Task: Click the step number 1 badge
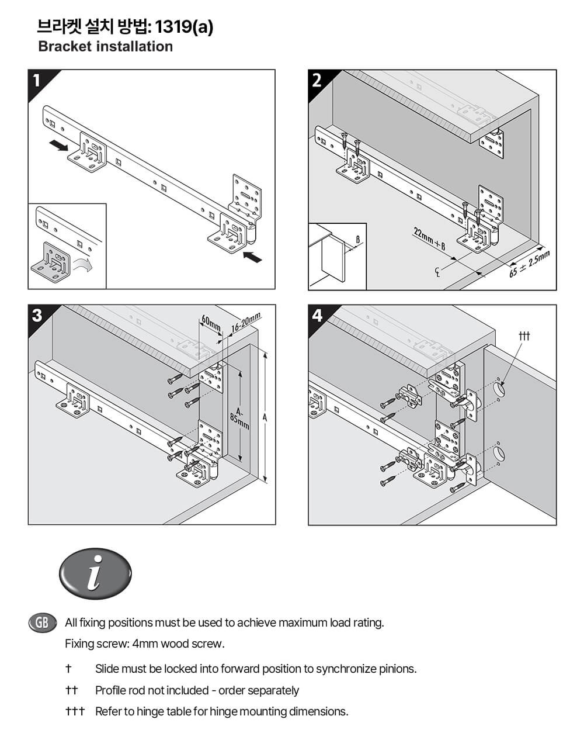tap(37, 80)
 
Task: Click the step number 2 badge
tap(317, 80)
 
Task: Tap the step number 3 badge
tap(37, 316)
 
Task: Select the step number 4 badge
tap(317, 316)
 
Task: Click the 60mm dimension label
tap(211, 323)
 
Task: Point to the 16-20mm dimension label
tap(245, 323)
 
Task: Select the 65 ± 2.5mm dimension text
tap(529, 264)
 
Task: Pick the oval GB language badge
tap(42, 622)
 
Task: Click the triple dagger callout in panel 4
tap(524, 336)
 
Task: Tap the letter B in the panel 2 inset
tap(357, 240)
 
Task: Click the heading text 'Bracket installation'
tap(105, 47)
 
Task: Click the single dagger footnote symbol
tap(68, 669)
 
